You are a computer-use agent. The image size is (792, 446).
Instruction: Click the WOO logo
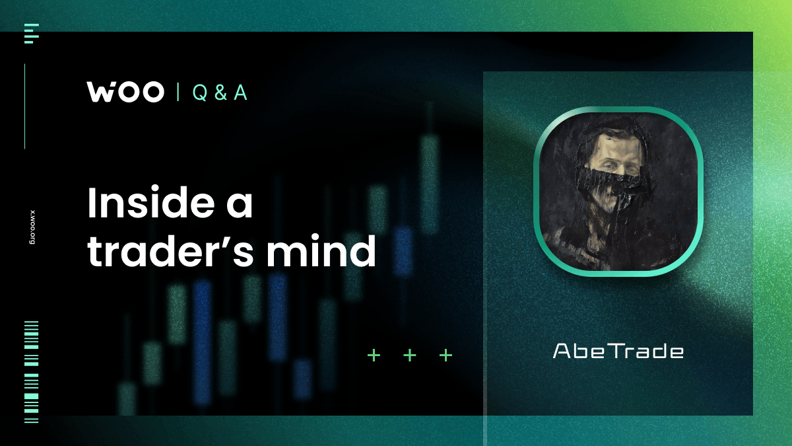click(125, 93)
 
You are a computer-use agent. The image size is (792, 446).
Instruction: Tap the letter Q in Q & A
click(199, 93)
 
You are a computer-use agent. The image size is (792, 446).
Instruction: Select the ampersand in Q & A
click(220, 93)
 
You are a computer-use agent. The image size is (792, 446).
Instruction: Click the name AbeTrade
click(618, 351)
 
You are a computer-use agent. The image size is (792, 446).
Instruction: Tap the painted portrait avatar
click(618, 190)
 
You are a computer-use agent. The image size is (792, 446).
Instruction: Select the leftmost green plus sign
click(374, 355)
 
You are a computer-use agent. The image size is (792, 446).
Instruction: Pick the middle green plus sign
click(410, 355)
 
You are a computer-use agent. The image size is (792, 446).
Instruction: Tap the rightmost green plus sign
click(446, 355)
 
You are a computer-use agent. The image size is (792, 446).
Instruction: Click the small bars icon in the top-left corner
click(30, 34)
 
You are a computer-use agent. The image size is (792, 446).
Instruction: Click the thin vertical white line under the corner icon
click(25, 106)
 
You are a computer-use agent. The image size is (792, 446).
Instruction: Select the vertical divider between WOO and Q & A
click(178, 93)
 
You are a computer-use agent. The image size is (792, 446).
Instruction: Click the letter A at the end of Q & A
click(240, 93)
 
